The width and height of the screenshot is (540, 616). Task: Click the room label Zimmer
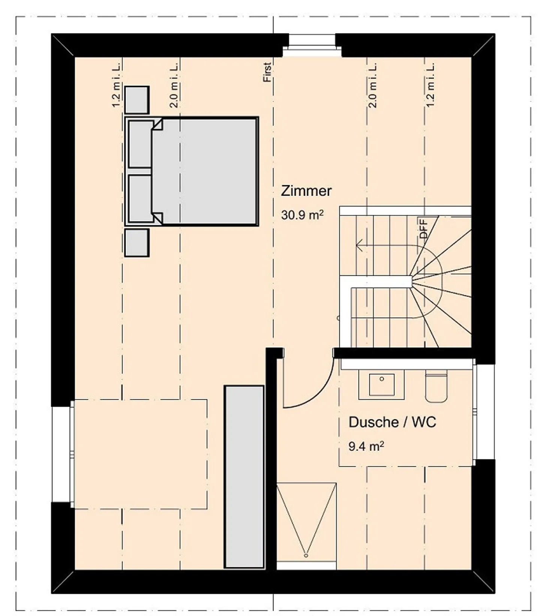(x=306, y=191)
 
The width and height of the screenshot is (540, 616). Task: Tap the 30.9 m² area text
(x=302, y=215)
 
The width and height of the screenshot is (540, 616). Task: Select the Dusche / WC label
(x=392, y=422)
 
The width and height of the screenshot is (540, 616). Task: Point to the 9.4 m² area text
(x=366, y=446)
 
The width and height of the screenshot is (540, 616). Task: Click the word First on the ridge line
(x=267, y=72)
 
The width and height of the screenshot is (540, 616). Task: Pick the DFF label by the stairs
(x=424, y=229)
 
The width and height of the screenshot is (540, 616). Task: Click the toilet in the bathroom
(x=436, y=386)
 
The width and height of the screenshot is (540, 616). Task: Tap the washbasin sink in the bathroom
(x=381, y=384)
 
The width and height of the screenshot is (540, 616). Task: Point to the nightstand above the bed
(x=136, y=99)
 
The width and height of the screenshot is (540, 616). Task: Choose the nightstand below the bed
(x=136, y=243)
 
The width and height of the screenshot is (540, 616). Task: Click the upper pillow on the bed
(x=141, y=144)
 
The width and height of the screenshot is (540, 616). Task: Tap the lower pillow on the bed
(x=141, y=198)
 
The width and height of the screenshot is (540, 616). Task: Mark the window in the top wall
(x=312, y=45)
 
